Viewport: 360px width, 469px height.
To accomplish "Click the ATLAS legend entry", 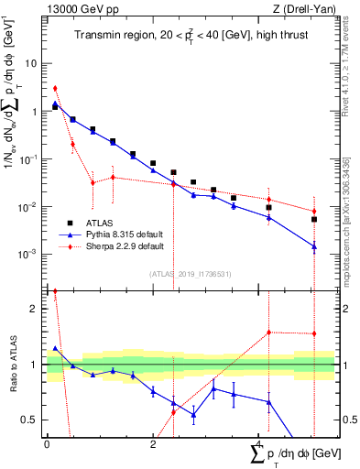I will click(x=105, y=224).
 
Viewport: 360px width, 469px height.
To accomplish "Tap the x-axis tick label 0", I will click(x=47, y=444).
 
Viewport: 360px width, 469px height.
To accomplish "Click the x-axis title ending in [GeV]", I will click(x=294, y=454).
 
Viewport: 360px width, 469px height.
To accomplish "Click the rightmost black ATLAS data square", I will click(x=313, y=219).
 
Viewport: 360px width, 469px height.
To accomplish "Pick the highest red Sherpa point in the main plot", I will click(x=55, y=89).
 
